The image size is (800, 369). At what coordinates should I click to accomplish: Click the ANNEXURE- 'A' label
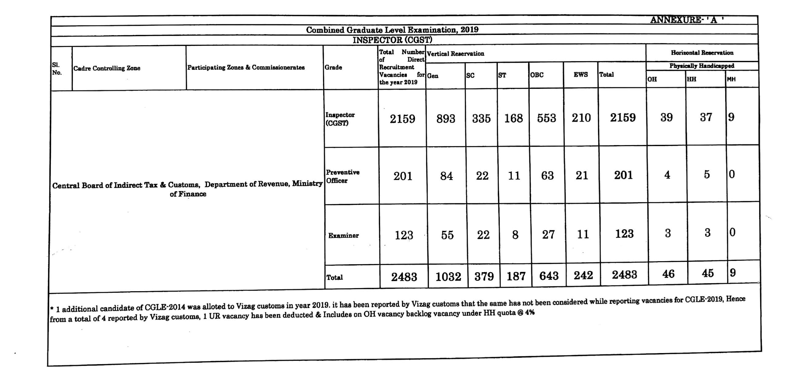point(687,20)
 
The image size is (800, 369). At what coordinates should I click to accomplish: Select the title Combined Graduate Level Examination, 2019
point(392,30)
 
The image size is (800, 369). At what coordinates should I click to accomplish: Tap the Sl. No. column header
point(57,69)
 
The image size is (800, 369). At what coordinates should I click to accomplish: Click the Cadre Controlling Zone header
point(107,68)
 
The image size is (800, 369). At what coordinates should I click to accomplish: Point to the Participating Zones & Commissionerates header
point(246,67)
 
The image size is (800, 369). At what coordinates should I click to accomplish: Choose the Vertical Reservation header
point(455,54)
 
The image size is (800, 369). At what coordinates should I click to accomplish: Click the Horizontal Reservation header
point(702,53)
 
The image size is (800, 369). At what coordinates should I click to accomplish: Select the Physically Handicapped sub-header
point(702,66)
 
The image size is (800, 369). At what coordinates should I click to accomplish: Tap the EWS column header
point(581,74)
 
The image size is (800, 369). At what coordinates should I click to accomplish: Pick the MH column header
point(731,79)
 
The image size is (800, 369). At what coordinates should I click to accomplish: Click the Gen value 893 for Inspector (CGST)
point(446,119)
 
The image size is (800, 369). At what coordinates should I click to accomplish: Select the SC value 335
point(481,119)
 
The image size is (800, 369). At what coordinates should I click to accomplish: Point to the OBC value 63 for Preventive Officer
point(547,176)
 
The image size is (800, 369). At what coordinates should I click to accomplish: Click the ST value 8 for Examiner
point(515,235)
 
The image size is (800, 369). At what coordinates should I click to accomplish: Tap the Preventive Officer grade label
point(343,176)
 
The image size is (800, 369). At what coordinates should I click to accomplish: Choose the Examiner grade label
point(343,235)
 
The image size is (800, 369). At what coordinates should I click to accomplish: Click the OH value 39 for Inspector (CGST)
point(666,117)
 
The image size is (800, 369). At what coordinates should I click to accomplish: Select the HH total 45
point(707,273)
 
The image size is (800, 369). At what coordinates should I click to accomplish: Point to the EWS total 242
point(583,275)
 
